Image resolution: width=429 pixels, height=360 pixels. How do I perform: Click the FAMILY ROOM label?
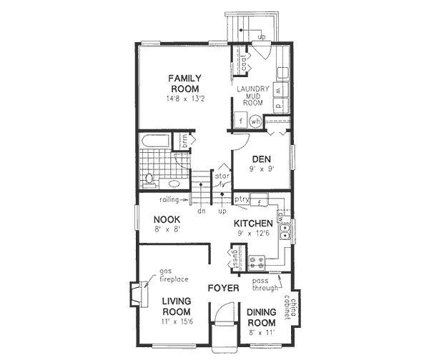(x=184, y=83)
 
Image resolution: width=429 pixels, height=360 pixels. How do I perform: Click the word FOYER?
(x=222, y=289)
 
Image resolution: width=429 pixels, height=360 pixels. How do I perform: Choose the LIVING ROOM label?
(x=176, y=306)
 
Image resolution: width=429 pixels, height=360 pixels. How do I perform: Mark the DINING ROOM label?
(x=261, y=317)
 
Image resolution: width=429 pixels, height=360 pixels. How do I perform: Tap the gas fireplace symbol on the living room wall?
(x=136, y=293)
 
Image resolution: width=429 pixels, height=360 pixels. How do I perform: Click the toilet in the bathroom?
(x=150, y=179)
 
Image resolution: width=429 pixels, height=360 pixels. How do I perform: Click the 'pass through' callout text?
(x=266, y=285)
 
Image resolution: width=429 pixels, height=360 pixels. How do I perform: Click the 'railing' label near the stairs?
(x=169, y=199)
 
